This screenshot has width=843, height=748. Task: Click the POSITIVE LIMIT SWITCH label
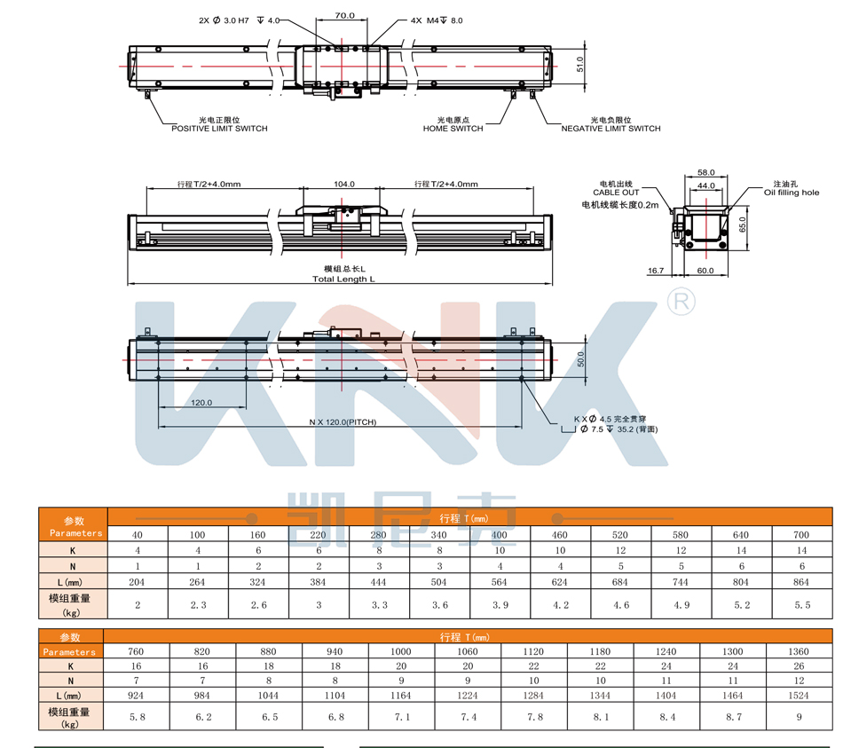219,129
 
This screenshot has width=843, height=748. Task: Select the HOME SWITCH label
453,129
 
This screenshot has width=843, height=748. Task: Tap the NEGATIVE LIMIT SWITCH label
611,129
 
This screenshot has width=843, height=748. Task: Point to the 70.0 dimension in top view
345,16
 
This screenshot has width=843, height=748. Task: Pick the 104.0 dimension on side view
344,185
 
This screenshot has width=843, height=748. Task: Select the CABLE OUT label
618,193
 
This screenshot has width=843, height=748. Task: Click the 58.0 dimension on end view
706,172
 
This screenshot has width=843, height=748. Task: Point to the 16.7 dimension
656,271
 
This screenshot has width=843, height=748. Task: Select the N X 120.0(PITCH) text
343,422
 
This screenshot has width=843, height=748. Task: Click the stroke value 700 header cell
802,534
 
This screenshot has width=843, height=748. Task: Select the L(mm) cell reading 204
138,582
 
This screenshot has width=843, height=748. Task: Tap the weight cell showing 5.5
802,604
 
